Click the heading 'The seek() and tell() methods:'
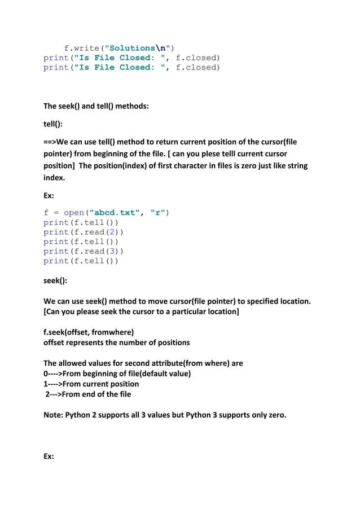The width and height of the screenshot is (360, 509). click(96, 106)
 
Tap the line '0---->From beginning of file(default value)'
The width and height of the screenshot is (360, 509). click(117, 374)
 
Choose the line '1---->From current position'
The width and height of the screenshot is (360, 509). click(91, 384)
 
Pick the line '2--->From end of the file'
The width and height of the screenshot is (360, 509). click(88, 394)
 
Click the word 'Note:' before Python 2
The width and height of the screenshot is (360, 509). click(54, 415)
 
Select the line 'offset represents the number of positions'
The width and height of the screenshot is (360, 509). click(116, 343)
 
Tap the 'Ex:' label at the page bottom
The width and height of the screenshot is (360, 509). click(49, 456)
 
